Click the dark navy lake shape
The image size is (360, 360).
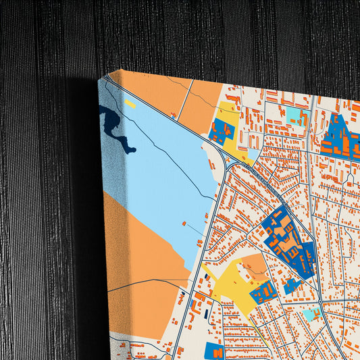click(x=111, y=125)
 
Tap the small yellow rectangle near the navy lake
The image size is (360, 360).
click(x=130, y=104)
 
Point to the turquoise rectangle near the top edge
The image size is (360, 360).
click(x=295, y=115)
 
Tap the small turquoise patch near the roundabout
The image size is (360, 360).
click(x=311, y=314)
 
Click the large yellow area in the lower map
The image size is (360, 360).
click(x=230, y=284)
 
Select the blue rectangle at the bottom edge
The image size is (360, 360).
click(x=214, y=351)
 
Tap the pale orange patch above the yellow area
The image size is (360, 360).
click(x=255, y=263)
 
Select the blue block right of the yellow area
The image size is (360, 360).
click(x=263, y=292)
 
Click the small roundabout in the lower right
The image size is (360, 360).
click(x=320, y=301)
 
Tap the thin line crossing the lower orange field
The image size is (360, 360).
click(x=149, y=283)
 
